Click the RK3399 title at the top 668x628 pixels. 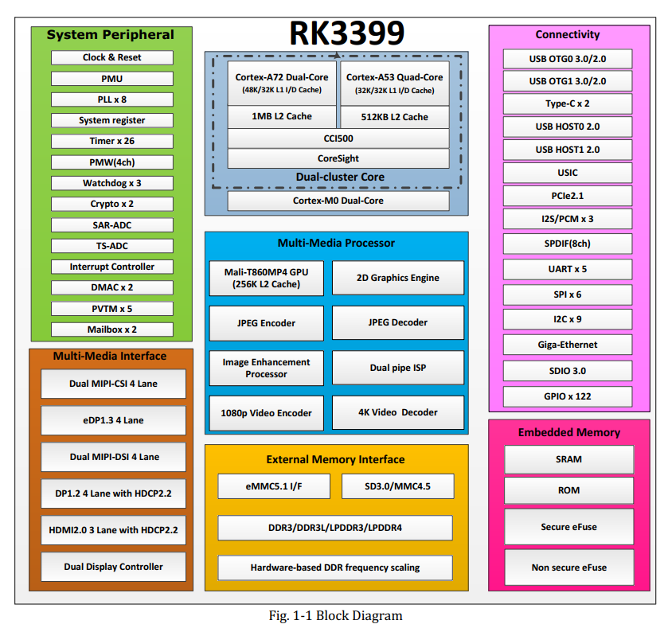click(346, 33)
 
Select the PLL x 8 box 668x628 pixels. click(112, 99)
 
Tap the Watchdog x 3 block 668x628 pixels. click(112, 183)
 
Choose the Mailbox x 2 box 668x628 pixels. click(112, 329)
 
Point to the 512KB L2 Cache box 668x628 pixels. click(394, 117)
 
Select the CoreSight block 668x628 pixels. click(338, 158)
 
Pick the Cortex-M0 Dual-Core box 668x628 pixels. click(338, 201)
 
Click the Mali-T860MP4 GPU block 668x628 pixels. click(266, 278)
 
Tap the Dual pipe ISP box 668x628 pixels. click(398, 368)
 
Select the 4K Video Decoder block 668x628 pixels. click(398, 412)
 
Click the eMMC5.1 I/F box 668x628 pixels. click(273, 486)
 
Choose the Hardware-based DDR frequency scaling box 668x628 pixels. click(335, 568)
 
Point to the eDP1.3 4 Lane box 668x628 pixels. click(113, 420)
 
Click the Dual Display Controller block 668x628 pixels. click(113, 567)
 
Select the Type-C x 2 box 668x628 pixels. click(568, 103)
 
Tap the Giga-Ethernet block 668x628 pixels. click(568, 345)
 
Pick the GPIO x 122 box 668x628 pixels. click(568, 396)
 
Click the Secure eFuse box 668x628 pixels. click(569, 527)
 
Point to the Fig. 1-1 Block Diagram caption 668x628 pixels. click(334, 615)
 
